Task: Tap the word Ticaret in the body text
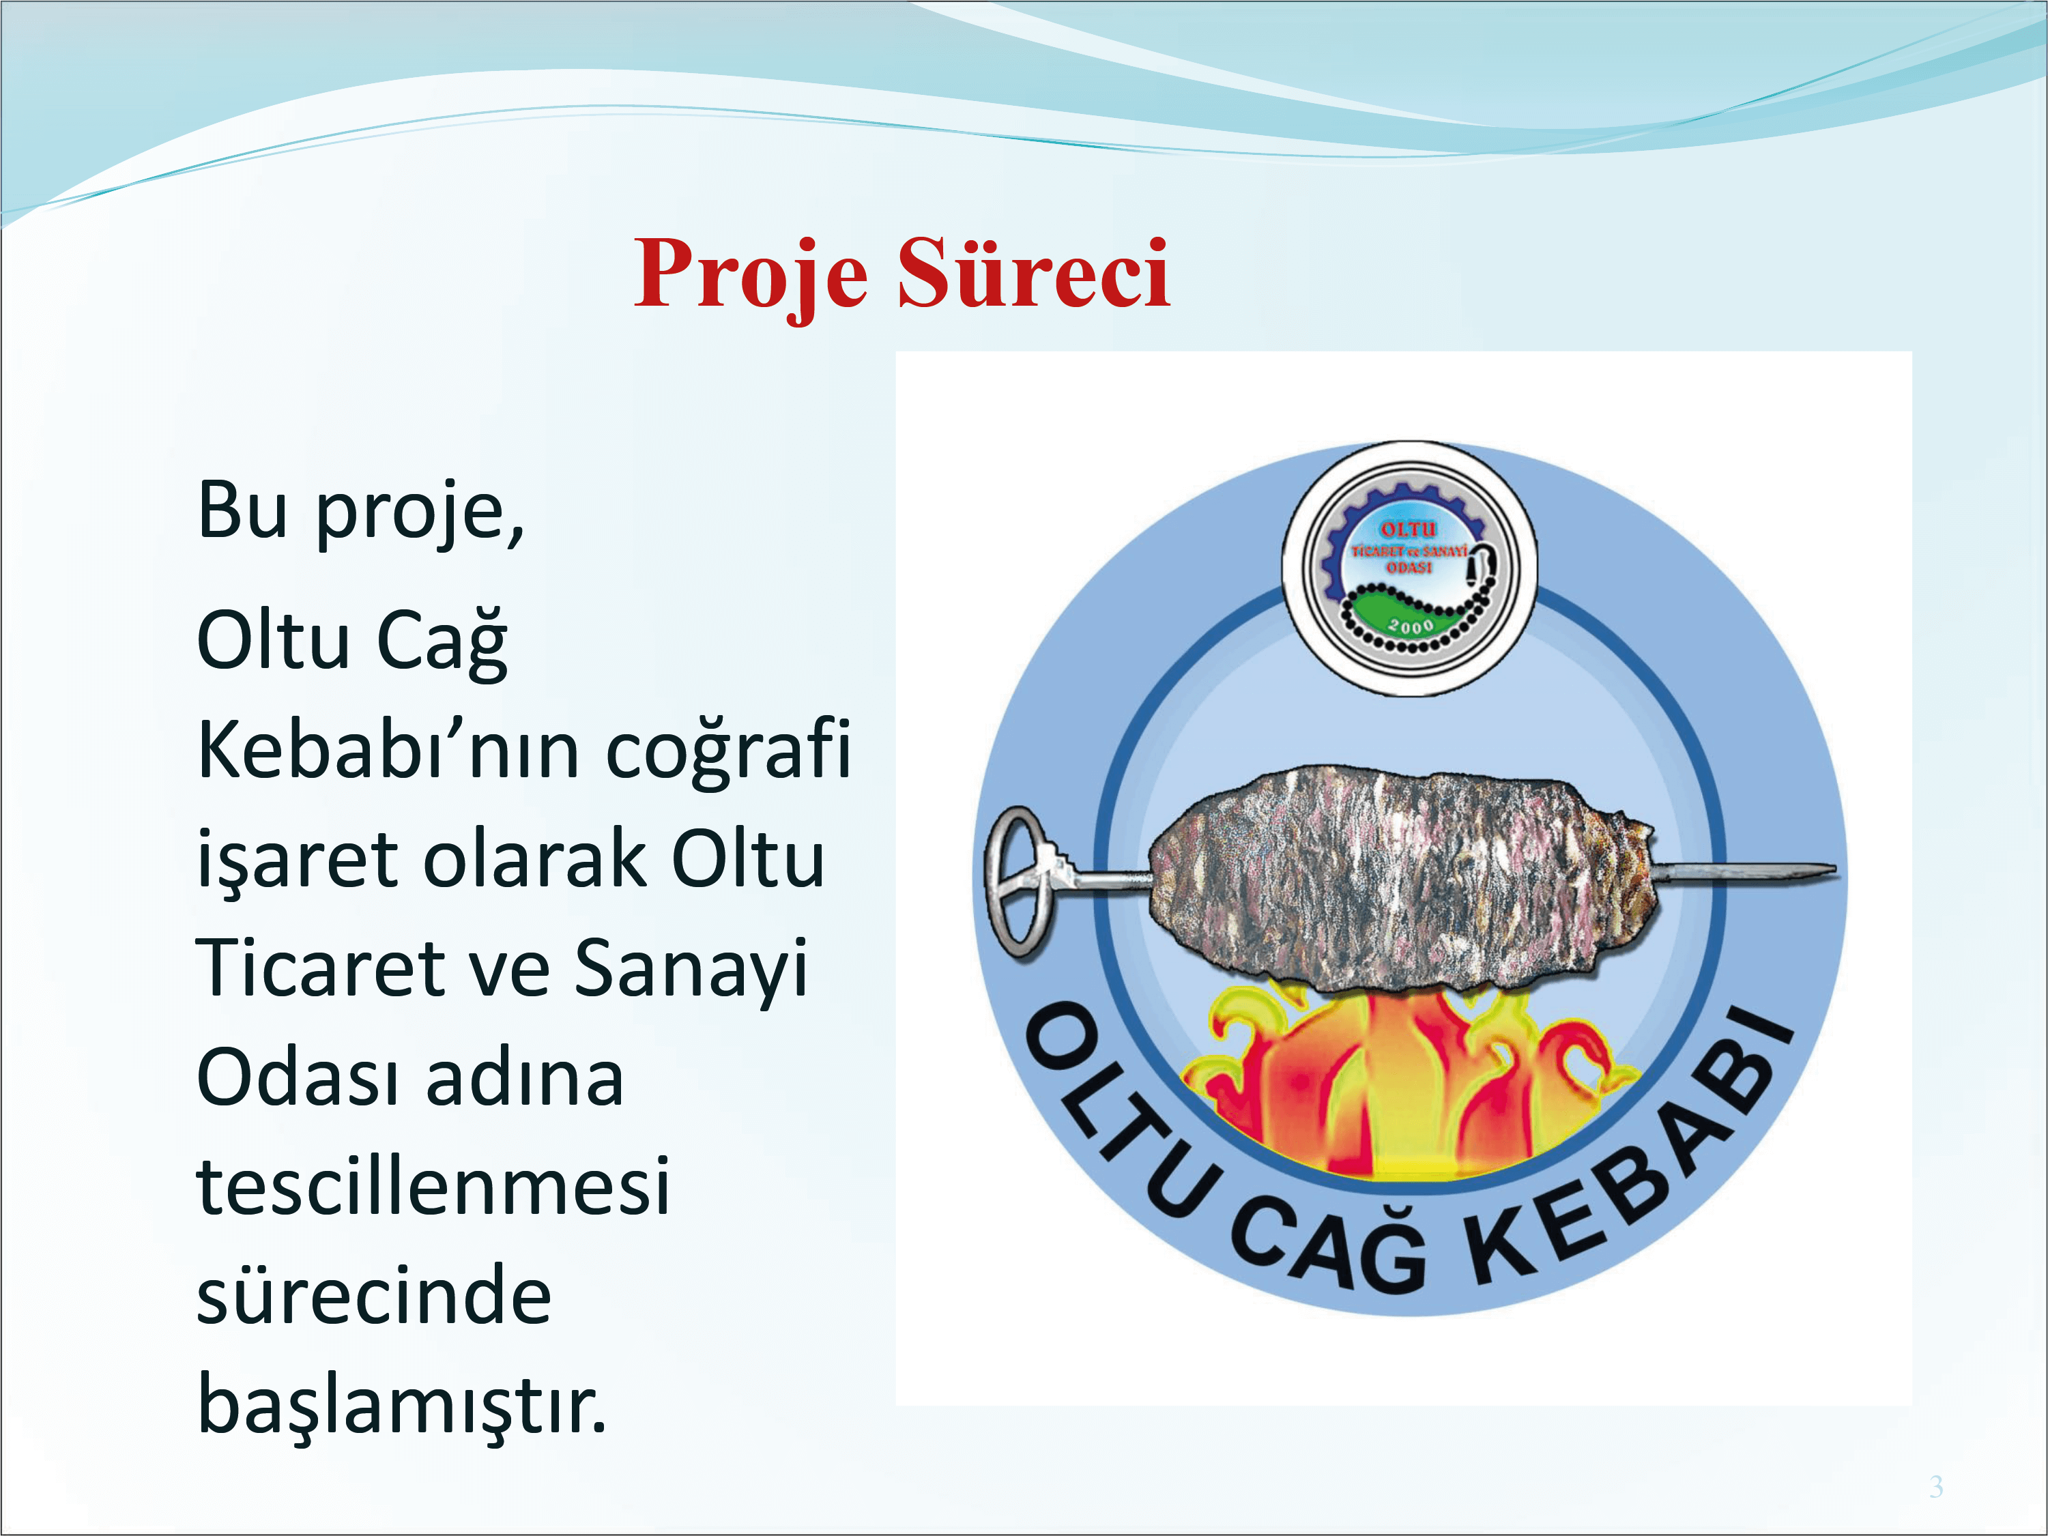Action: [x=320, y=968]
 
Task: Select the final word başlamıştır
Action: [x=402, y=1406]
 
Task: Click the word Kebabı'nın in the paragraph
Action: [x=389, y=750]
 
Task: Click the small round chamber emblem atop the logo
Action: [x=1409, y=568]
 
